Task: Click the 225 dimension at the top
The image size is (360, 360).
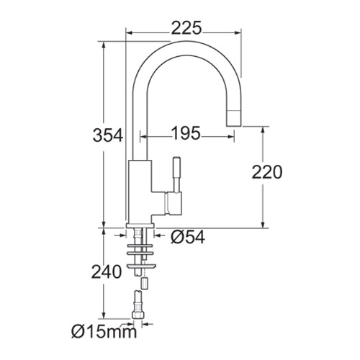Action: [186, 28]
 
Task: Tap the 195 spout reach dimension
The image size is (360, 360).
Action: [186, 133]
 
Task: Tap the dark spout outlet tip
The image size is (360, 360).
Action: [234, 114]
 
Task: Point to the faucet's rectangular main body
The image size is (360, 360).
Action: [140, 189]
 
